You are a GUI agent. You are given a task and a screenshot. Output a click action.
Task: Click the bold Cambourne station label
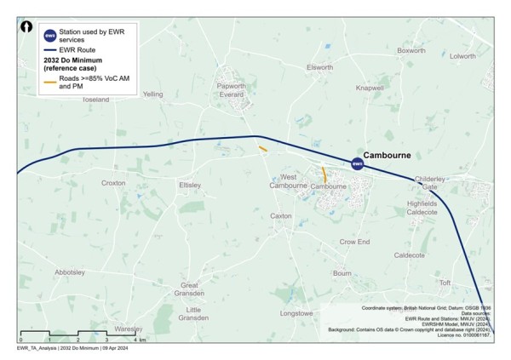388,157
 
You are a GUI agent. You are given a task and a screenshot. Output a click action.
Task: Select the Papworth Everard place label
232,90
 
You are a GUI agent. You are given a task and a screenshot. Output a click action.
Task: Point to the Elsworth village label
319,67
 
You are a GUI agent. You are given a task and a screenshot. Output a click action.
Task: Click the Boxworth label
411,51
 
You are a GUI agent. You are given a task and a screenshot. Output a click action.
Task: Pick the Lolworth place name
462,56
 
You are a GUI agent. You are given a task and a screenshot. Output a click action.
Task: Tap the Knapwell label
370,88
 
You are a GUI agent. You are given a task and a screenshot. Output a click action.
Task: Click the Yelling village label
153,94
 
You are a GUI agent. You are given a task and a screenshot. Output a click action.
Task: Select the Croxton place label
113,183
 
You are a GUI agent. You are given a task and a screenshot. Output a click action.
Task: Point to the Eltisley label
189,185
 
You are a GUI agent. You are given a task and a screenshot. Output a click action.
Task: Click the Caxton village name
281,216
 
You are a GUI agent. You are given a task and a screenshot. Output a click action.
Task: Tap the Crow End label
354,243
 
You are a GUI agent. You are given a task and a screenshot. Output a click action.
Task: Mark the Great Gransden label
195,290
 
